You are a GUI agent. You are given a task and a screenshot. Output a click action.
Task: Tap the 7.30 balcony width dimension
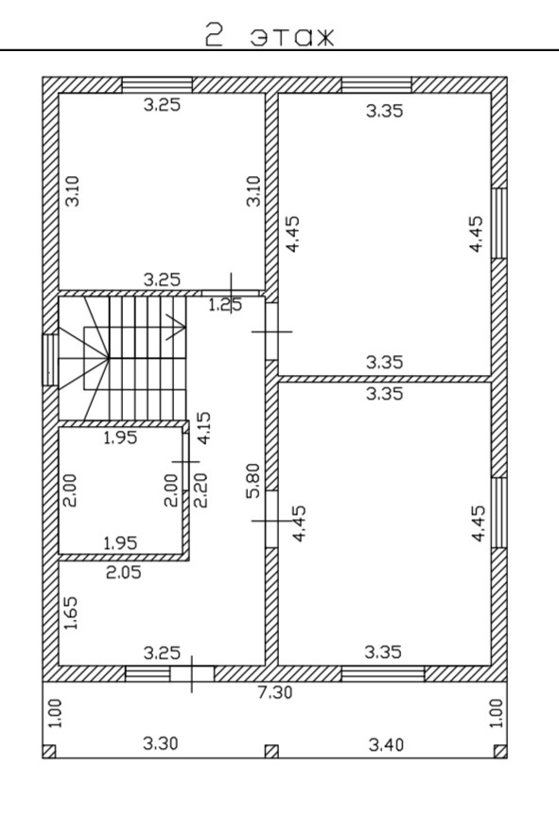pos(275,692)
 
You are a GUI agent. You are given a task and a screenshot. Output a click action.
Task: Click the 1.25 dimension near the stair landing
pos(224,305)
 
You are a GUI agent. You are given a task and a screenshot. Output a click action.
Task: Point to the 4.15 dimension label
pos(204,428)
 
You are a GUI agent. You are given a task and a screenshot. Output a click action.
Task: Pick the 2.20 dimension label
pos(201,491)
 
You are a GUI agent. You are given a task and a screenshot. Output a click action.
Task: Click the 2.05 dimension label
pos(124,572)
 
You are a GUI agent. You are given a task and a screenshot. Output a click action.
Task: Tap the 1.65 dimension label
pos(70,614)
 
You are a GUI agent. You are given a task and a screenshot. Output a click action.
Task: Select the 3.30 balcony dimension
pos(160,743)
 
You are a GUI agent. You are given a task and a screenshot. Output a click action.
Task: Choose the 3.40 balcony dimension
pos(386,744)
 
